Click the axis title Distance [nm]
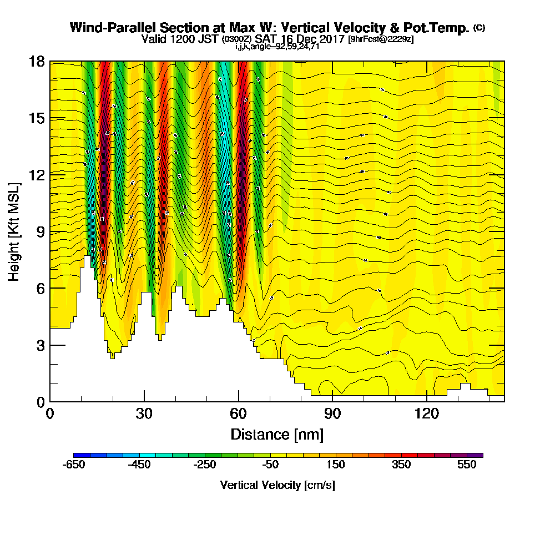click(x=277, y=434)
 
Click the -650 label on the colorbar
click(x=74, y=465)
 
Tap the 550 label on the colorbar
click(x=467, y=465)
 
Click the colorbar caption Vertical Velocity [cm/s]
click(x=277, y=485)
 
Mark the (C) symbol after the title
click(x=479, y=27)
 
